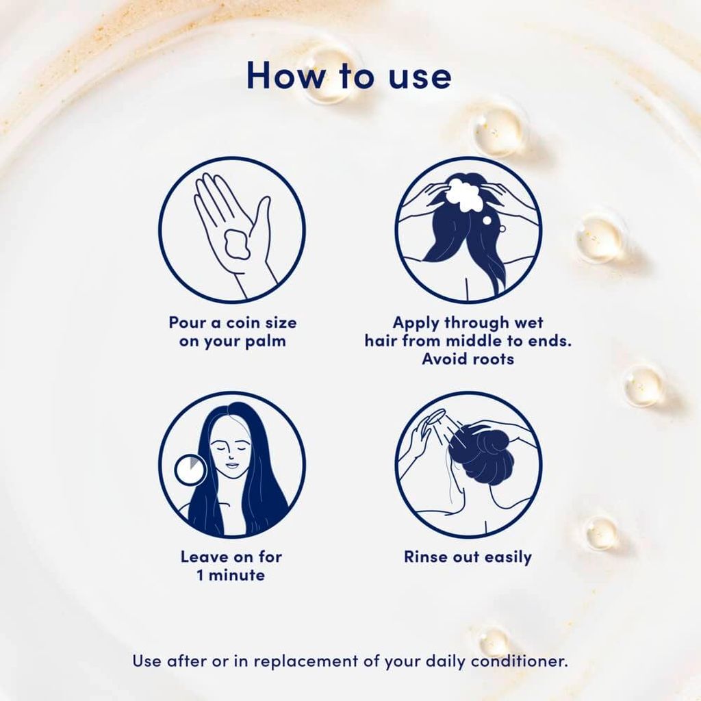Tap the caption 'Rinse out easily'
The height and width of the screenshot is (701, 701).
click(468, 557)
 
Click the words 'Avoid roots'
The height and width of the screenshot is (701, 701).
click(468, 359)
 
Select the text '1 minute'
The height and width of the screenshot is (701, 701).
click(231, 575)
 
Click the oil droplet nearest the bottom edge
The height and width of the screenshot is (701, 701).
click(494, 641)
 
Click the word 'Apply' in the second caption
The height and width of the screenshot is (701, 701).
click(417, 322)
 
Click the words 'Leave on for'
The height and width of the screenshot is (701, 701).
click(231, 557)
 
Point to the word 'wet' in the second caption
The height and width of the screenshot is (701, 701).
click(528, 322)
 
